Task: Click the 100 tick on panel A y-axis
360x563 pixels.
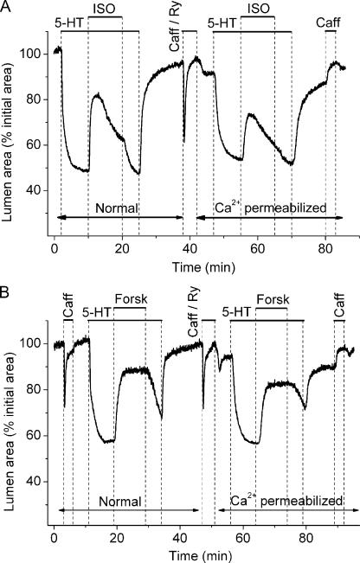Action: click(37, 54)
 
